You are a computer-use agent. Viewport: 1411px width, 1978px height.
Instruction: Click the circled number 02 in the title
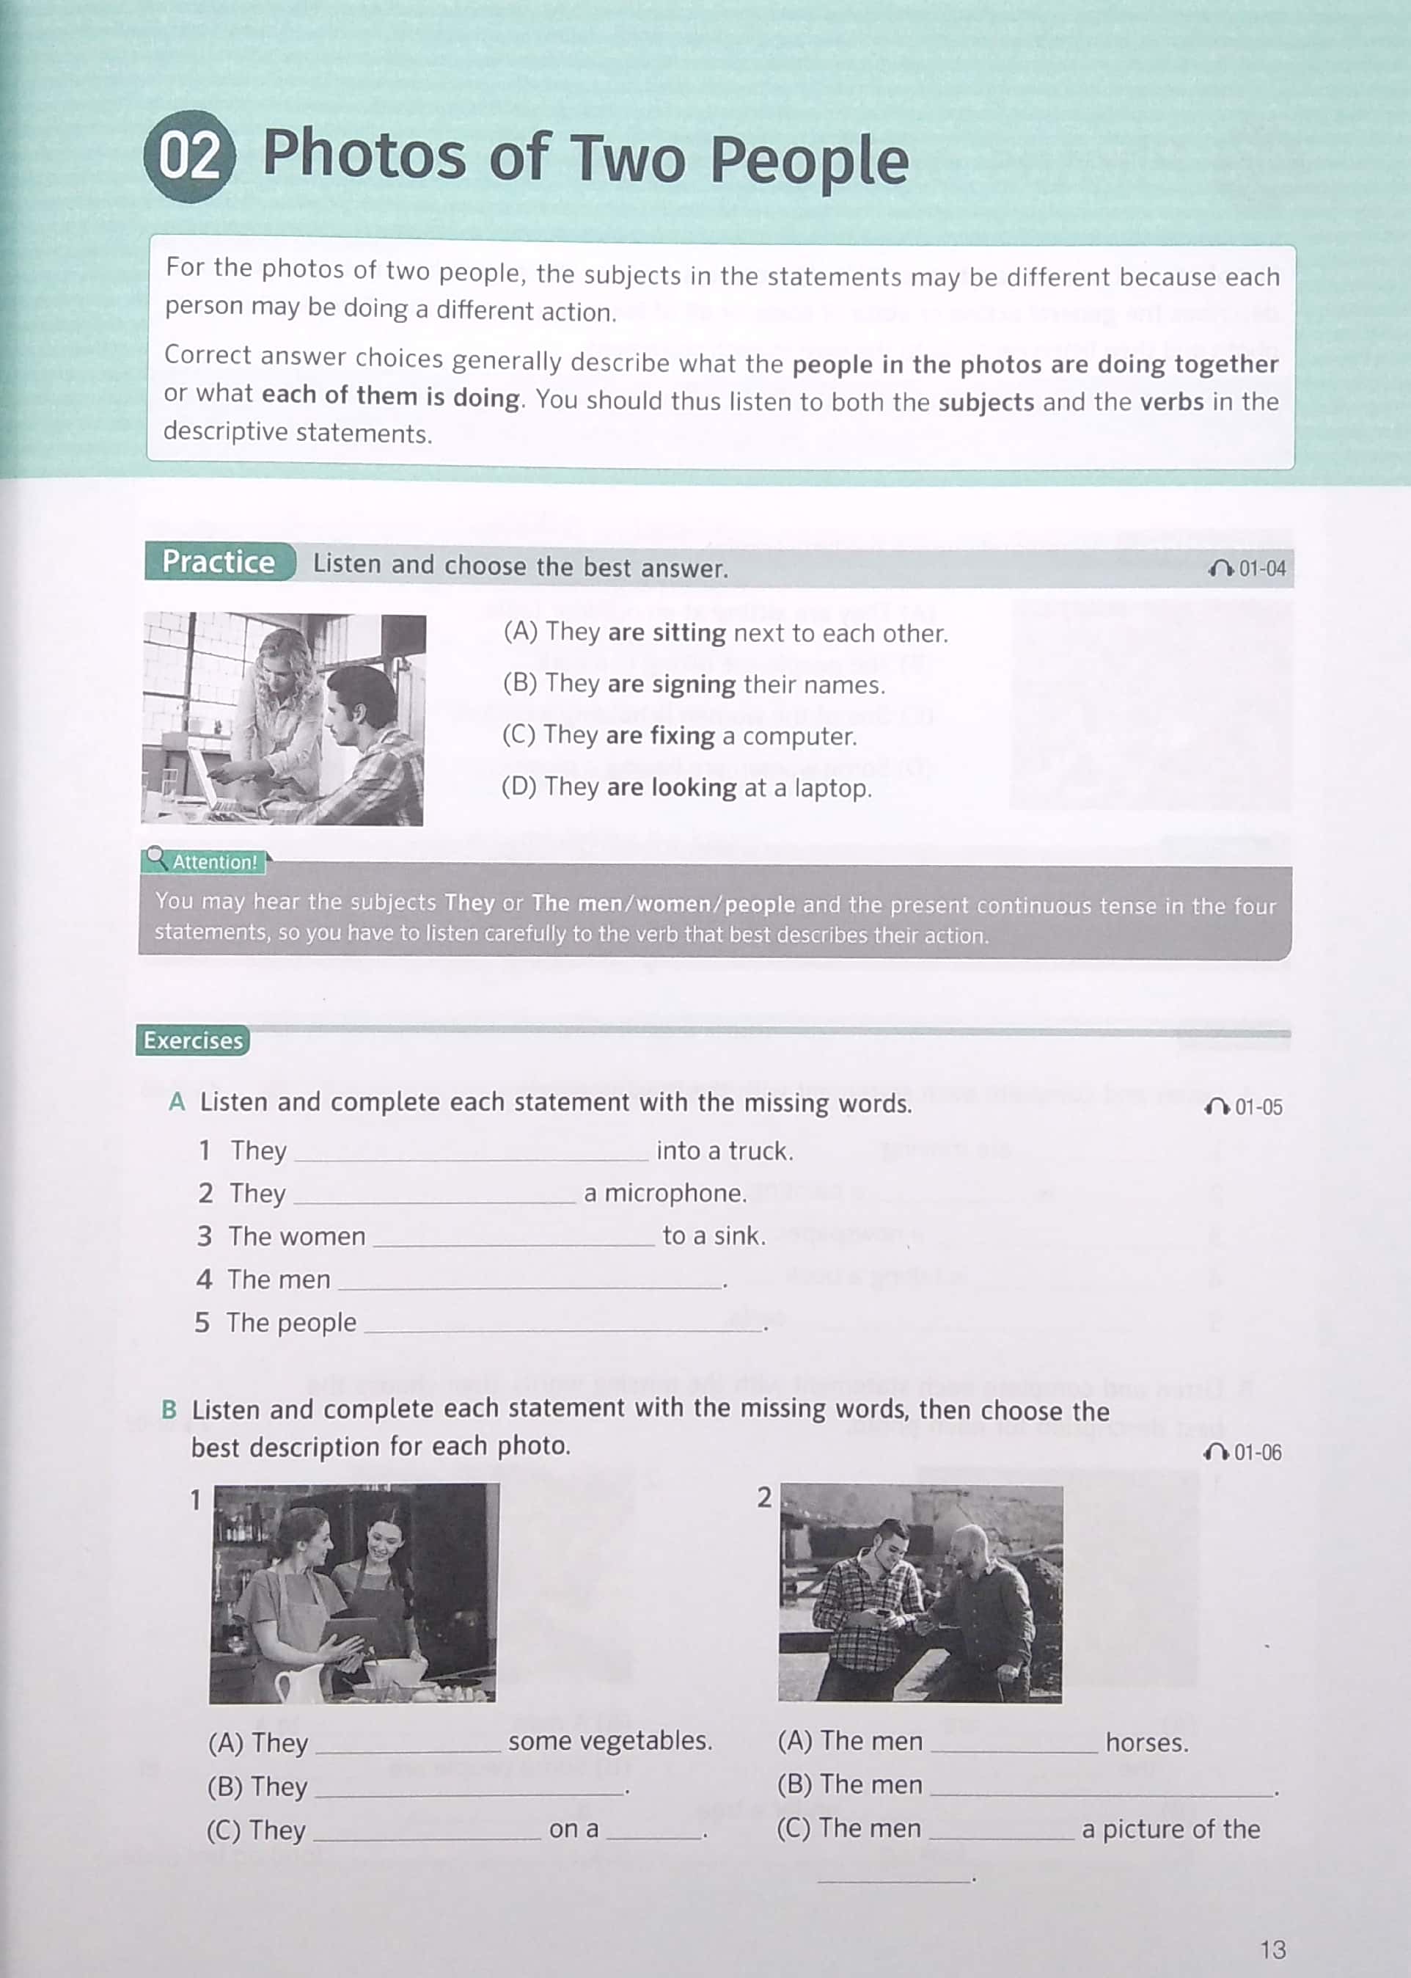tap(188, 156)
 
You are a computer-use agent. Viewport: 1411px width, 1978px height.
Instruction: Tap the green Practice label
tap(218, 562)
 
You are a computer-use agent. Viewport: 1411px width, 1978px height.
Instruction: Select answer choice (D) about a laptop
tap(686, 787)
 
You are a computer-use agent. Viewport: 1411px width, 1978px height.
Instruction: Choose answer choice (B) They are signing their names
tap(693, 684)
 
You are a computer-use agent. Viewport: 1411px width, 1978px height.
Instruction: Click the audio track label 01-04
tap(1248, 569)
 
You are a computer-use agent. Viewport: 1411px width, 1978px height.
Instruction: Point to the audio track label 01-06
tap(1245, 1452)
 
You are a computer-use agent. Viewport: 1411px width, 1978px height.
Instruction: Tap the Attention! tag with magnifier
tap(205, 861)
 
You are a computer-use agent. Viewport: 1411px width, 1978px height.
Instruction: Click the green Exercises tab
tap(193, 1040)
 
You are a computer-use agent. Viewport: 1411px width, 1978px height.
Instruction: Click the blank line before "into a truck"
tap(471, 1153)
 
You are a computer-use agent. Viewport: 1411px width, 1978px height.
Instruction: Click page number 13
tap(1272, 1949)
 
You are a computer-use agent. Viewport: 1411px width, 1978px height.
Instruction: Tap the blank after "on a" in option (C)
tap(653, 1831)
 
